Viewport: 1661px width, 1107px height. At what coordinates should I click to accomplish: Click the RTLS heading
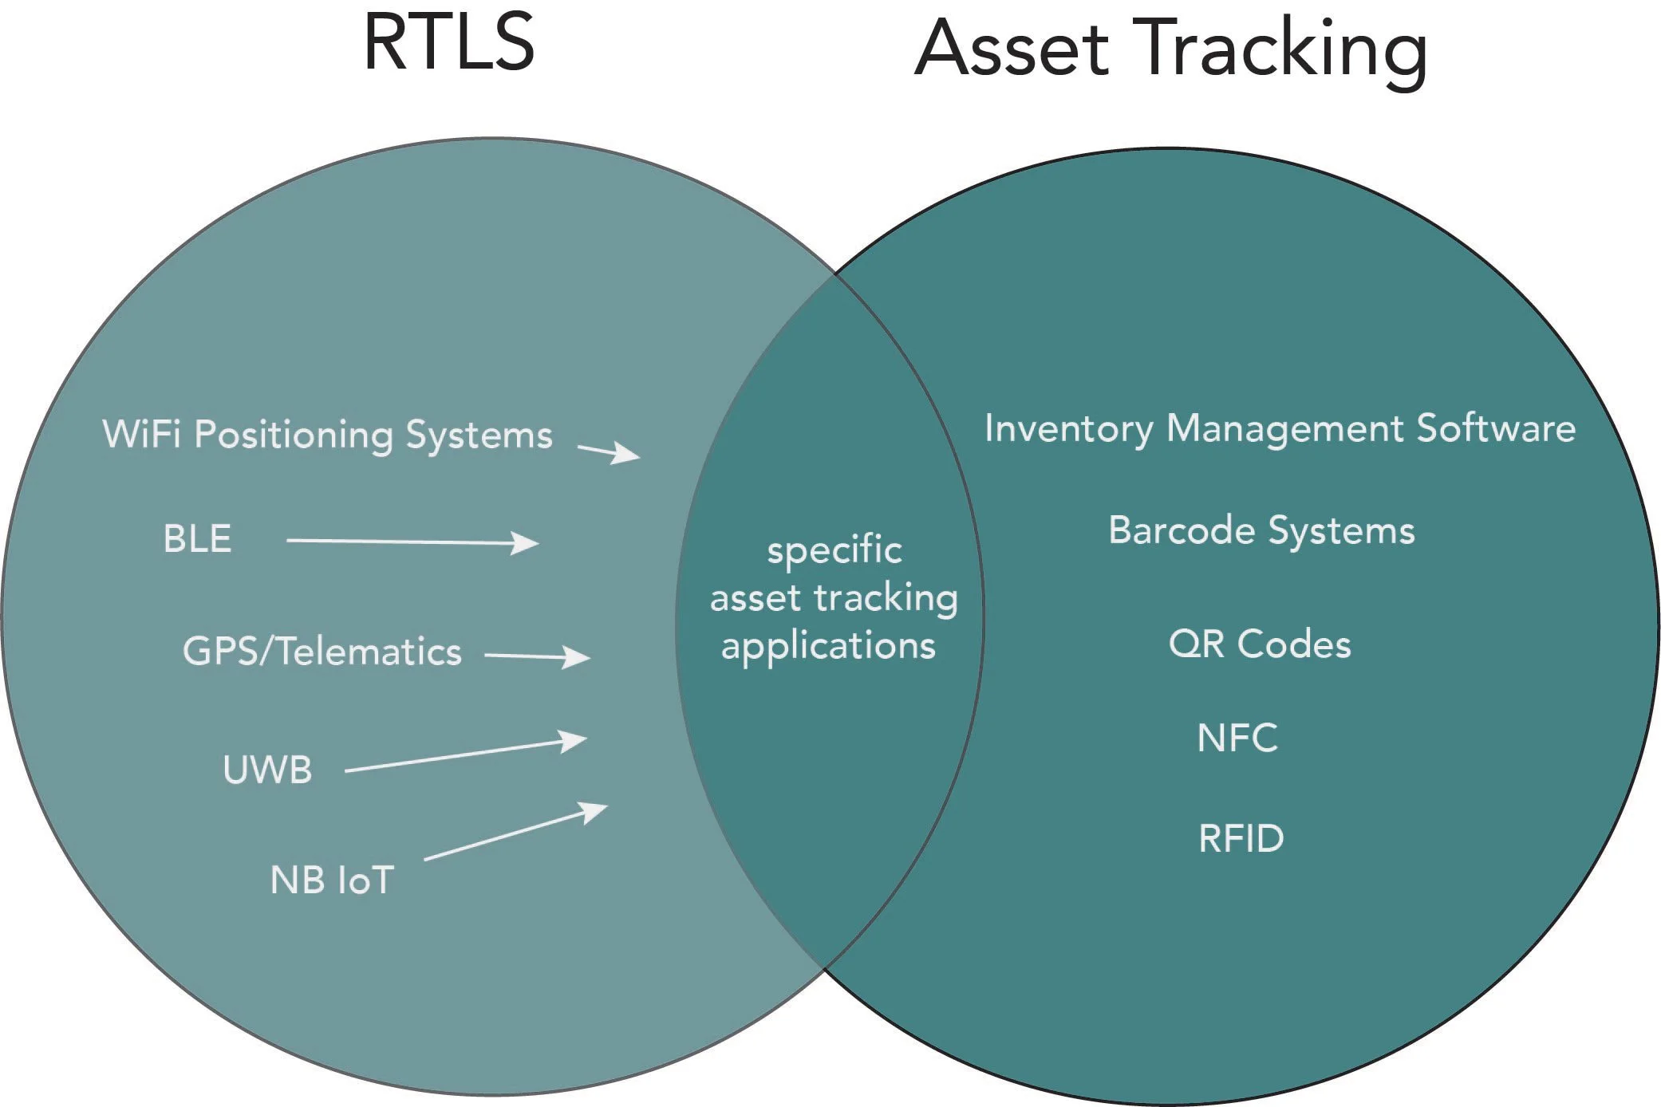[x=449, y=43]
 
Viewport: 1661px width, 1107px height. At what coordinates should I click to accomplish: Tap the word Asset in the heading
[x=1012, y=49]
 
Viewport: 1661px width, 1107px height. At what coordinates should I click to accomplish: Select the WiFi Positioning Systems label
[x=327, y=435]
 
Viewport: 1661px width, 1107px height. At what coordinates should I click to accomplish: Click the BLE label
[x=197, y=538]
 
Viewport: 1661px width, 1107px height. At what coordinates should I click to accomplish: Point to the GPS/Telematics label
[x=322, y=651]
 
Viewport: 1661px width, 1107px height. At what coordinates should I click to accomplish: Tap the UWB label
[x=267, y=770]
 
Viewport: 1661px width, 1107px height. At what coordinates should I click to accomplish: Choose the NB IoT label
[x=332, y=880]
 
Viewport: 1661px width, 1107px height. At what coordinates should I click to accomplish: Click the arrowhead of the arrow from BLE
[x=527, y=543]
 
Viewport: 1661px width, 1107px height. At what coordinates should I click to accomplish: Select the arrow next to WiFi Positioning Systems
[x=610, y=452]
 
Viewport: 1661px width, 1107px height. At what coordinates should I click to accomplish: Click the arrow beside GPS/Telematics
[x=538, y=656]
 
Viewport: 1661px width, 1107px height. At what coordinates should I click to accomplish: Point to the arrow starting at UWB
[x=466, y=755]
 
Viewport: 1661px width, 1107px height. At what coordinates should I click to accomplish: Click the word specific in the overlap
[x=834, y=550]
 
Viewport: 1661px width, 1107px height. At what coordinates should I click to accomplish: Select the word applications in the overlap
[x=828, y=646]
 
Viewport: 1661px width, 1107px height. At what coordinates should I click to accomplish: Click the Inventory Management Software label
[x=1280, y=428]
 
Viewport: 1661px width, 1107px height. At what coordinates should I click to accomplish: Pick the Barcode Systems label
[x=1261, y=530]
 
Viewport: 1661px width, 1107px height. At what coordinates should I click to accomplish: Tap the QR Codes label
[x=1260, y=644]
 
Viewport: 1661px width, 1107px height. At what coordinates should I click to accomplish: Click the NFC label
[x=1237, y=738]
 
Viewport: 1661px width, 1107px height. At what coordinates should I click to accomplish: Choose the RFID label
[x=1241, y=838]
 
